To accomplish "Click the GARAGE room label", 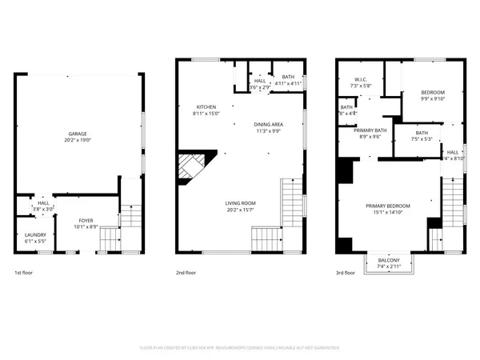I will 77,134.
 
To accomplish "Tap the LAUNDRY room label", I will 35,234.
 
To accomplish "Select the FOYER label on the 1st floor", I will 85,220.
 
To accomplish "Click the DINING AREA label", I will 268,125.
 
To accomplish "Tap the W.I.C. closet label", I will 361,80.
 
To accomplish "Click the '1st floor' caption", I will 23,274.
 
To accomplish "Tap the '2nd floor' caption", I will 186,274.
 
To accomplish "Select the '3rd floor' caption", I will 346,274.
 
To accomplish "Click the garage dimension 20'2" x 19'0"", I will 77,140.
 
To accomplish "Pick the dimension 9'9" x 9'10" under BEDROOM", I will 433,99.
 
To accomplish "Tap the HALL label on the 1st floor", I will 42,203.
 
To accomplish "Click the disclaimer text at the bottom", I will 240,348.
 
